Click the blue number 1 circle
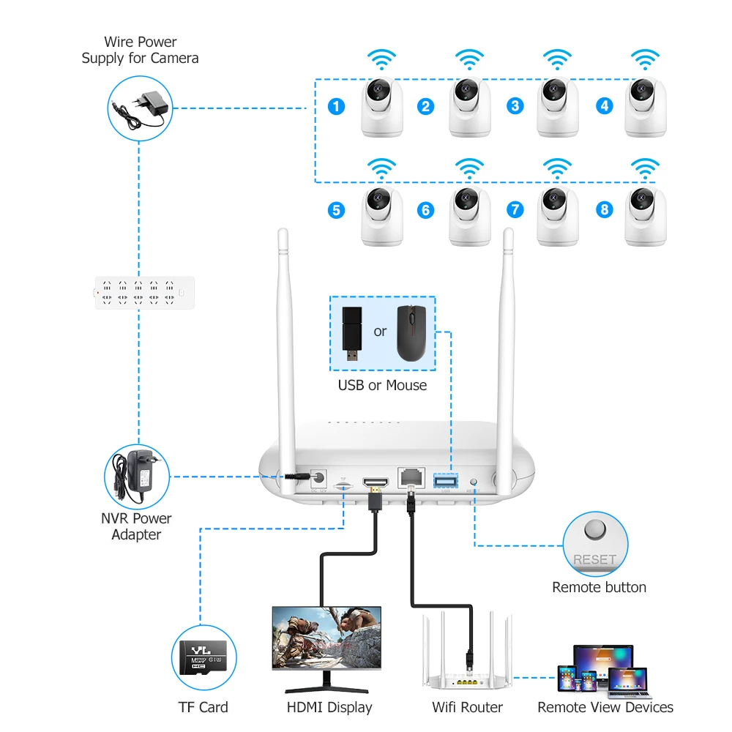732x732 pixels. coord(336,106)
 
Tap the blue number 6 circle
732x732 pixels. coord(425,210)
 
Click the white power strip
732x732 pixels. coord(145,292)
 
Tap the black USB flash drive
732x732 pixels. coord(352,335)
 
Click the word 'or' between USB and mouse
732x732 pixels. coord(380,332)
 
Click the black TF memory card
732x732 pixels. coord(203,657)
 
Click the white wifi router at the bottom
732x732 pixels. coord(466,655)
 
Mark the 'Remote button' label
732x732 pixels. coord(599,587)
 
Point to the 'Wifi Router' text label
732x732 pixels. coord(466,707)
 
